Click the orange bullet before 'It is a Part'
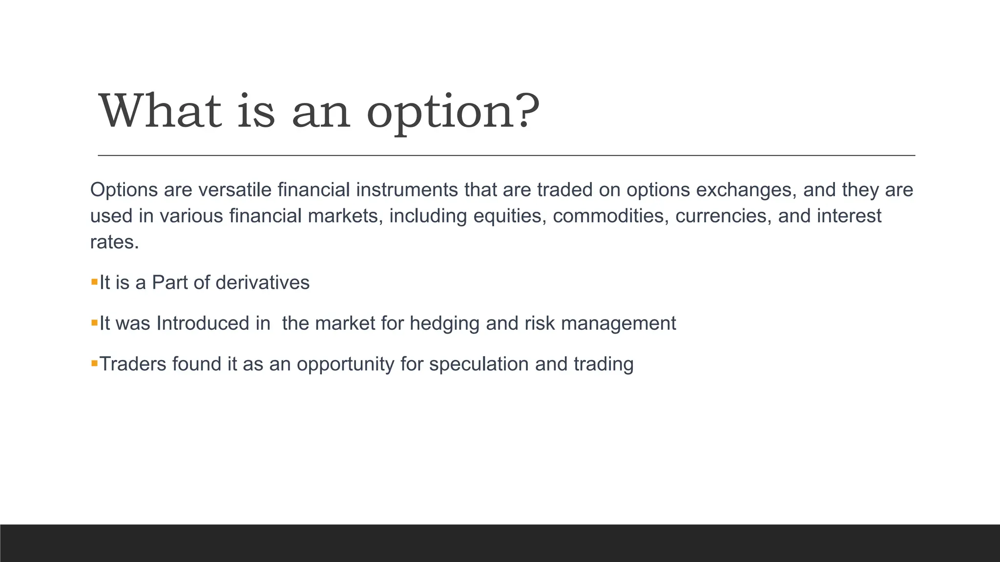tap(94, 281)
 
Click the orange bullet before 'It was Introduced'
tap(94, 322)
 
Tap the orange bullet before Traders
tap(94, 363)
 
